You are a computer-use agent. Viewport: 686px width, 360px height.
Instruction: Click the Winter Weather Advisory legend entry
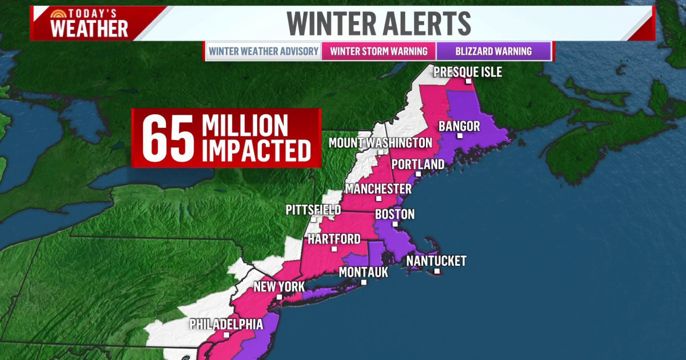click(x=264, y=51)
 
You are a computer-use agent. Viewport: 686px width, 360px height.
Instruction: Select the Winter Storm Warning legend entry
click(x=378, y=51)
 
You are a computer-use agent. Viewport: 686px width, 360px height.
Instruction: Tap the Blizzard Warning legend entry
click(x=493, y=51)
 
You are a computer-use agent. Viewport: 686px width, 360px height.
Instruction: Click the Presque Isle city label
click(x=467, y=72)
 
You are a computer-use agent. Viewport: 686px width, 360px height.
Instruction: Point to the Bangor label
click(x=458, y=126)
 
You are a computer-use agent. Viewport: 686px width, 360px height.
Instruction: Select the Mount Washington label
click(x=380, y=142)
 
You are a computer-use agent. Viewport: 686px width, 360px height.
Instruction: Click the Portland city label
click(x=418, y=165)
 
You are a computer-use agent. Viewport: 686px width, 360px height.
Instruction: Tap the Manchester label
click(x=378, y=189)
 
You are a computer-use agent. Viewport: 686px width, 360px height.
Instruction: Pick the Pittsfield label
click(x=313, y=210)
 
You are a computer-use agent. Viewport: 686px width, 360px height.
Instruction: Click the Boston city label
click(x=394, y=215)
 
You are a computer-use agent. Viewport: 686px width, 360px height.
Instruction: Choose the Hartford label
click(x=334, y=239)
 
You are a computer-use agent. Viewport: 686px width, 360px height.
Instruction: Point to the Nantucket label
click(x=436, y=261)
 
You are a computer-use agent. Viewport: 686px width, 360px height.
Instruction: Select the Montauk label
click(x=363, y=273)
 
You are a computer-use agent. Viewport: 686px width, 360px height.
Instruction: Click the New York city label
click(x=278, y=287)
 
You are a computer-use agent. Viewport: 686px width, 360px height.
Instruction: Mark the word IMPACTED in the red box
click(x=257, y=150)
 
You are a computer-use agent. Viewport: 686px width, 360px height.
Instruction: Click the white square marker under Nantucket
click(x=437, y=271)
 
